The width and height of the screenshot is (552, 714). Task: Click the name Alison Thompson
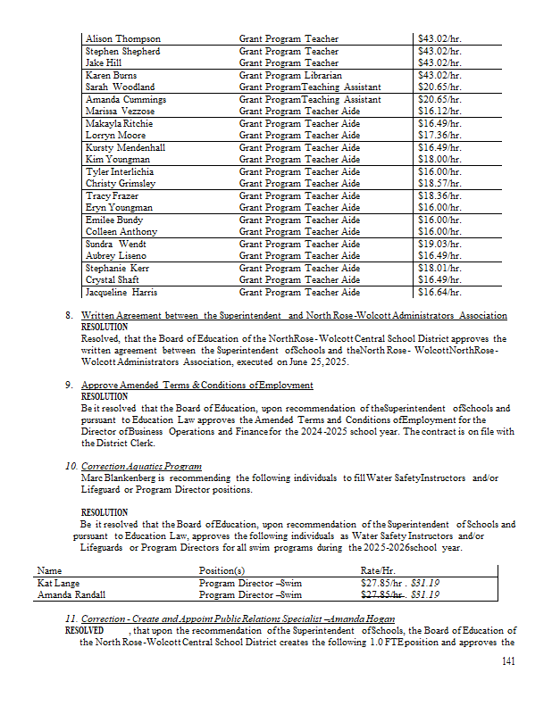[123, 39]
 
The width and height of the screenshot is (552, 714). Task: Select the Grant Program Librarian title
[290, 76]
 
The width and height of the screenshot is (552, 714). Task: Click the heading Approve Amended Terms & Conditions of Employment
[197, 385]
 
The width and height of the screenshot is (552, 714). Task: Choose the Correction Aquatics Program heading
[141, 467]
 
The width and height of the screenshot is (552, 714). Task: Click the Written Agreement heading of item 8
[294, 316]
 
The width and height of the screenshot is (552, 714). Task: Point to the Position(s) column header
[222, 569]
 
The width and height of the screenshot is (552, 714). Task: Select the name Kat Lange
[58, 582]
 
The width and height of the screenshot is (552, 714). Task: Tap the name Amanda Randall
[71, 594]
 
